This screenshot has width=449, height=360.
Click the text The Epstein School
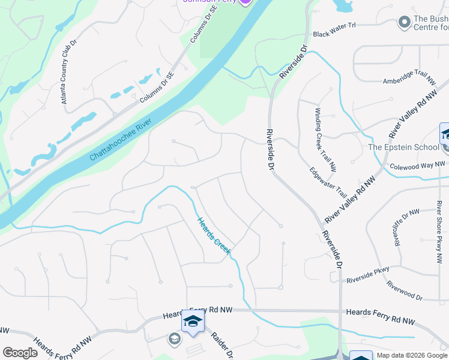coord(403,147)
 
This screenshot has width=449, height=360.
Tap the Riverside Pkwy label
coord(368,274)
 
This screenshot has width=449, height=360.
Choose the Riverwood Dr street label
coord(405,290)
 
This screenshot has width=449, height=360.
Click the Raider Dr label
coord(220,345)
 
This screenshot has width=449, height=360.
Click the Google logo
coord(20,353)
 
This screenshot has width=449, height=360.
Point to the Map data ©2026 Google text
coord(411,355)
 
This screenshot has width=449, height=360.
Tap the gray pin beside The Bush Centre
coord(404,22)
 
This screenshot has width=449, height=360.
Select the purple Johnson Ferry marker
coord(244,2)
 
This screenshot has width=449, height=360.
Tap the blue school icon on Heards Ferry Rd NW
coord(193,322)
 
